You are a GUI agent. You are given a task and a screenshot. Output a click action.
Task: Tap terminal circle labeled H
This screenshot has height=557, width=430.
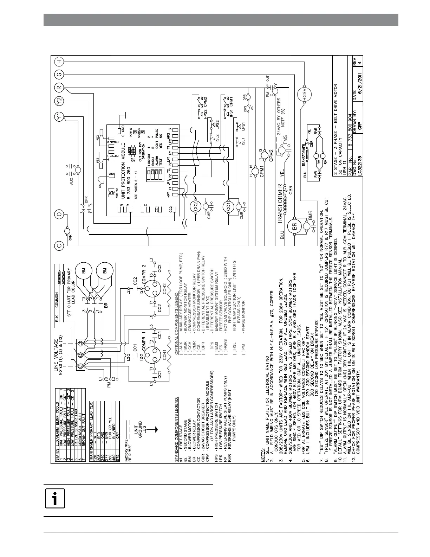click(59, 62)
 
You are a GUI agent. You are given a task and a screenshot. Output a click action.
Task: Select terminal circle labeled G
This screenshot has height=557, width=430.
click(59, 75)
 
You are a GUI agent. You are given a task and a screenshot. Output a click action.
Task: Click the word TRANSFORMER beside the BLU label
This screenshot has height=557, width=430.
click(281, 206)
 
